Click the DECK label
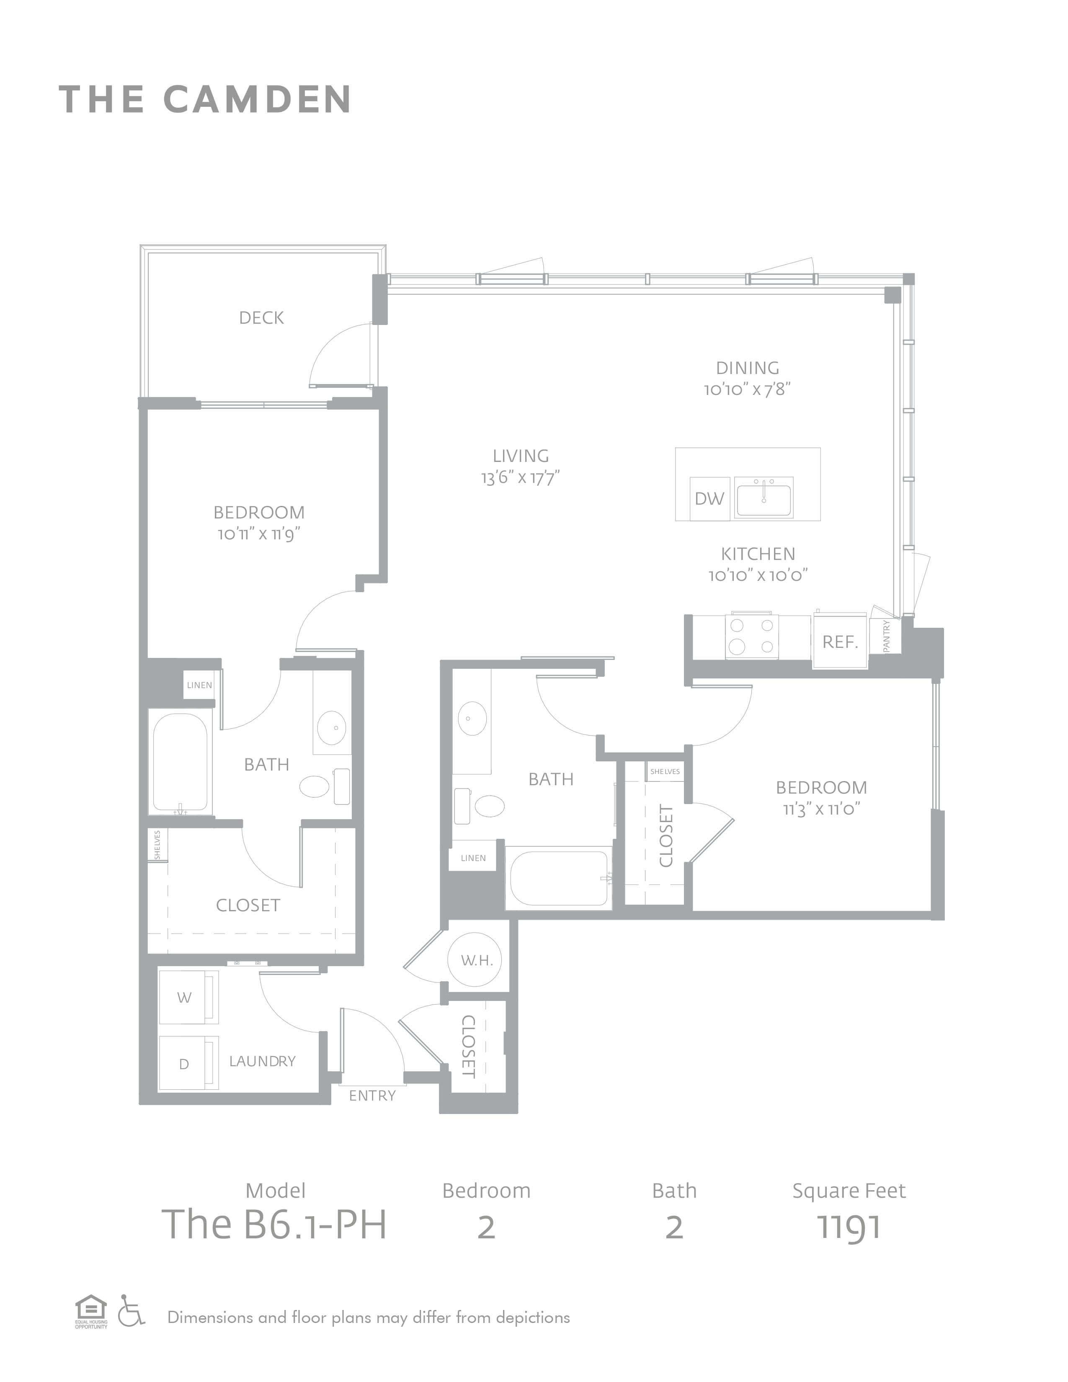(261, 318)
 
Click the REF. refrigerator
(840, 641)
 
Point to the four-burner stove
(752, 636)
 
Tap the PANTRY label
(886, 636)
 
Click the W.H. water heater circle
(477, 960)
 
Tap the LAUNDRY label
(263, 1061)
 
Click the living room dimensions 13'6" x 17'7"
(521, 477)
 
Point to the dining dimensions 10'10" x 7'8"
(748, 389)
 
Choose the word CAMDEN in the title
(258, 99)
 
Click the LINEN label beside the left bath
(199, 685)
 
